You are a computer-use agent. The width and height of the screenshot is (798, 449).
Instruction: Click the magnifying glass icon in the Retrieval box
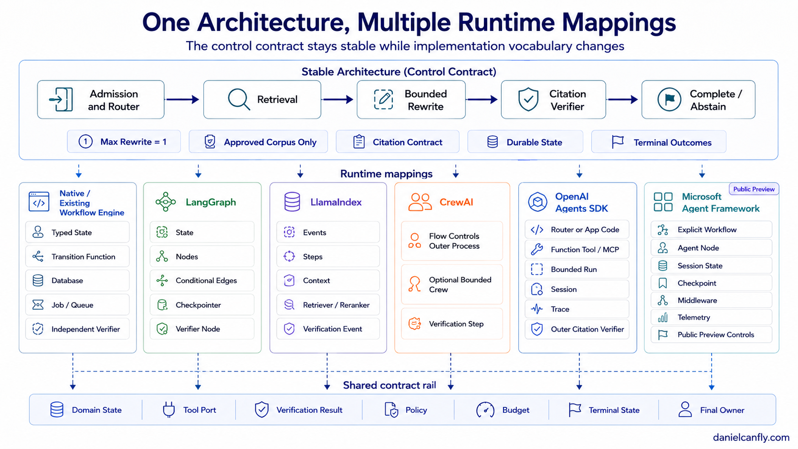point(239,99)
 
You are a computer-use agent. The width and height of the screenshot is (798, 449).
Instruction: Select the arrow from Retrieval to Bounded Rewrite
point(337,100)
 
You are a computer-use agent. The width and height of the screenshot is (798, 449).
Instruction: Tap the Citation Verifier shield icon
point(528,99)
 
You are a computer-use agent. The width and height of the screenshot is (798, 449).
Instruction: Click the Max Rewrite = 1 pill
point(124,142)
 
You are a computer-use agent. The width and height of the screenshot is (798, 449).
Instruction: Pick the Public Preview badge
point(754,189)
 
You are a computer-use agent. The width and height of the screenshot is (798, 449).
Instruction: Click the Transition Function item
point(77,256)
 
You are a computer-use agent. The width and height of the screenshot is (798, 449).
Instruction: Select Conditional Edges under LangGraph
point(202,281)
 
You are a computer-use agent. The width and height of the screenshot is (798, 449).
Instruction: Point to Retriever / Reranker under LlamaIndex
point(328,305)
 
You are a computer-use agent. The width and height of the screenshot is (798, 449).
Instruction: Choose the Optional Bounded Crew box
point(451,284)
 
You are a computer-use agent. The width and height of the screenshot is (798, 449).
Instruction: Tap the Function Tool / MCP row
point(577,249)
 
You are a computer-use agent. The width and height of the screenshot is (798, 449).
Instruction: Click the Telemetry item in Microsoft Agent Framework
point(712,317)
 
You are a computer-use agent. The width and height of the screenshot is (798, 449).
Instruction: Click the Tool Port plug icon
point(169,409)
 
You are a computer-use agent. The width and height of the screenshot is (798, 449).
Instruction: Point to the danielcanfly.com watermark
point(751,437)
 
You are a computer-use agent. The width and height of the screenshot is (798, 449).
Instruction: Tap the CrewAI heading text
point(456,202)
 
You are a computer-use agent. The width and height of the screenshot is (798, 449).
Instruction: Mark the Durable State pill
point(525,142)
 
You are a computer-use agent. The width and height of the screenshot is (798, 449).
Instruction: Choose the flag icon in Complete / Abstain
point(669,99)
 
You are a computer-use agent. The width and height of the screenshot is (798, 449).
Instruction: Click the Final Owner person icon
point(685,409)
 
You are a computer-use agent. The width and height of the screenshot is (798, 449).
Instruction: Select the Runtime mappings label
point(386,174)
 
